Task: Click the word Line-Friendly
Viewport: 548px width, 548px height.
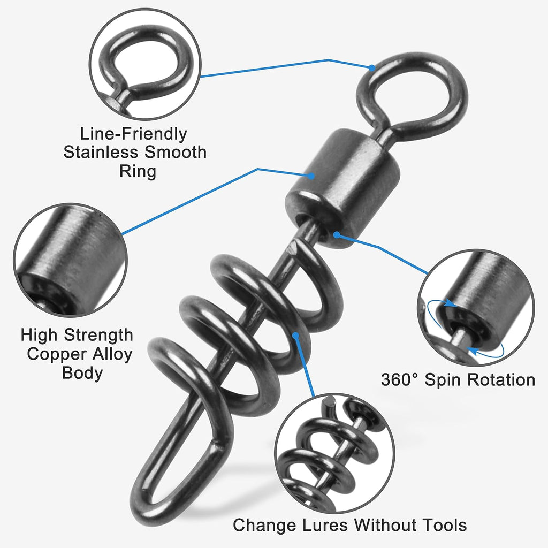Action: click(134, 134)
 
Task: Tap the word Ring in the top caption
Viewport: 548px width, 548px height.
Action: click(138, 171)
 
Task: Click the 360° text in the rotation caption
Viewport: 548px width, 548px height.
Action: click(400, 380)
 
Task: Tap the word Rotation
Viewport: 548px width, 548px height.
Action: click(501, 380)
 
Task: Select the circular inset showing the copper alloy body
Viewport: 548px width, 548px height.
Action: click(70, 260)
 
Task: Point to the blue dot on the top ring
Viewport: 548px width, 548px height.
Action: click(371, 67)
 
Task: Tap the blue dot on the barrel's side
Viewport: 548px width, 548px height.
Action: click(310, 174)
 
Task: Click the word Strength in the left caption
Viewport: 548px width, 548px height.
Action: click(98, 336)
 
